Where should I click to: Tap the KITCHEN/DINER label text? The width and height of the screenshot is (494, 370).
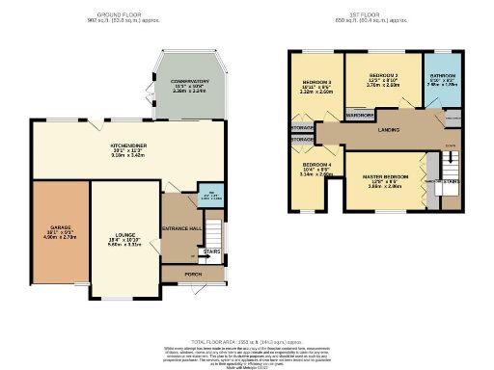[x=127, y=146]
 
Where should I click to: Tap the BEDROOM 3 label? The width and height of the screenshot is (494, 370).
[x=316, y=82]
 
